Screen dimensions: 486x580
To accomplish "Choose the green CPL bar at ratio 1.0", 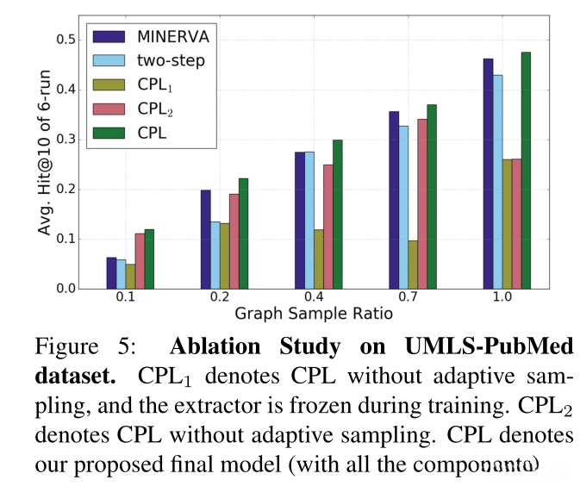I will tap(526, 170).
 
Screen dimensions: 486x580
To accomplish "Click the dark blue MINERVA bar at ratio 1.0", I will tap(488, 173).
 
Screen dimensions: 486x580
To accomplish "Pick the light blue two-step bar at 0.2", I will tap(215, 254).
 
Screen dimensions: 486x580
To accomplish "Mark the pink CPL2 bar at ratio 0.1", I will tap(140, 260).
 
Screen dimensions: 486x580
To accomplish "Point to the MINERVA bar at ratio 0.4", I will tap(299, 220).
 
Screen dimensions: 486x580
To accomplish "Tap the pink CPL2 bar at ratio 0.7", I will tap(421, 203).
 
